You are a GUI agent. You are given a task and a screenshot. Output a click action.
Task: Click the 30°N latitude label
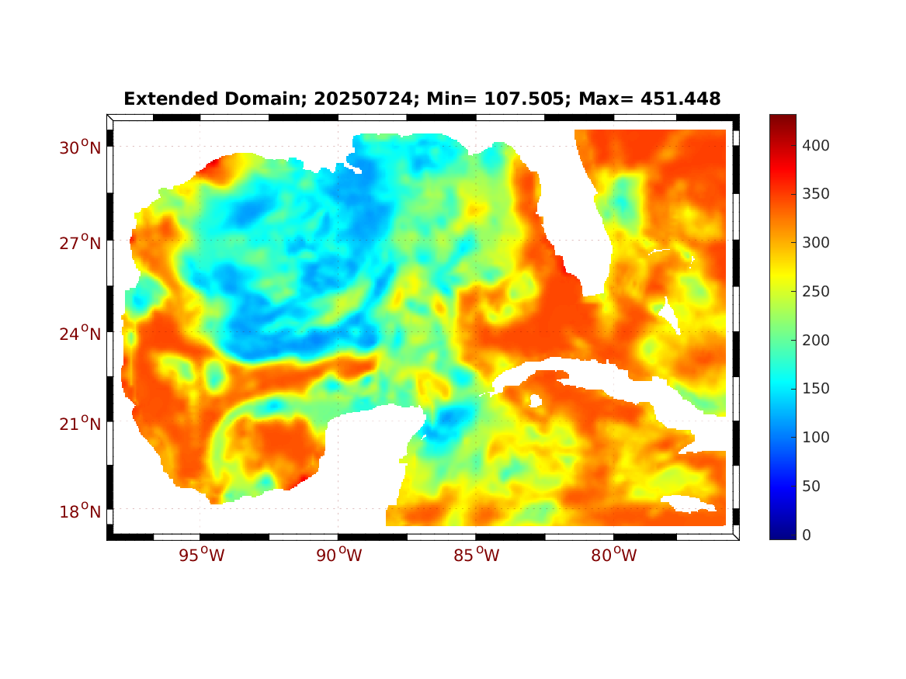click(x=81, y=147)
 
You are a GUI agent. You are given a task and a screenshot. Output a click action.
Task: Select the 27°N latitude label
click(x=81, y=244)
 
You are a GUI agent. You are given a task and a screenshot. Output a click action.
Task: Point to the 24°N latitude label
click(x=81, y=334)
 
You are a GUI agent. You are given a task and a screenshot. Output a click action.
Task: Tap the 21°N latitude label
click(x=81, y=424)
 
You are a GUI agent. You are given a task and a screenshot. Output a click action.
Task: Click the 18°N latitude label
click(x=81, y=511)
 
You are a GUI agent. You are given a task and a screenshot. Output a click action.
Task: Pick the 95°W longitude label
click(x=200, y=556)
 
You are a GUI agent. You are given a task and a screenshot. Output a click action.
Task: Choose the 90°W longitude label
click(x=338, y=556)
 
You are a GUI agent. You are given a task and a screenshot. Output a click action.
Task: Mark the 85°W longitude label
click(x=477, y=556)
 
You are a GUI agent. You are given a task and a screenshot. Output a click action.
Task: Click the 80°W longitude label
click(x=614, y=556)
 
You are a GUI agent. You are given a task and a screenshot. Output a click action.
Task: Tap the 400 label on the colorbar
click(x=817, y=145)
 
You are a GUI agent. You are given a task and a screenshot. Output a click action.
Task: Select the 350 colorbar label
click(x=817, y=194)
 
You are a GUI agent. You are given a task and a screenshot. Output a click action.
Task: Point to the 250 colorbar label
click(x=817, y=291)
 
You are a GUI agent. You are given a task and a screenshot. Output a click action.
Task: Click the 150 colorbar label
click(x=817, y=388)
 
